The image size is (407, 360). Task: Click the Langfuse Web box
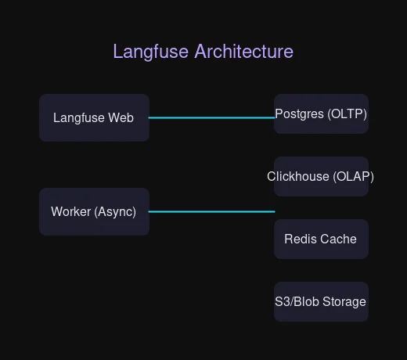tap(94, 117)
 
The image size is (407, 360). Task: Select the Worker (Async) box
tap(94, 211)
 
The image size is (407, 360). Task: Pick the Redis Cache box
tap(321, 239)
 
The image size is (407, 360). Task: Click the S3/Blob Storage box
tap(321, 301)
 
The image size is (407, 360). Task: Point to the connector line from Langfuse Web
tap(211, 117)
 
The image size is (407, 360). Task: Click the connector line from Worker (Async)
tap(211, 211)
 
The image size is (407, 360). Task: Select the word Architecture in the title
tap(243, 52)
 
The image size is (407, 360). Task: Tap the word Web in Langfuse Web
tap(121, 118)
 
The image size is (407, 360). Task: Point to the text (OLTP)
tap(348, 114)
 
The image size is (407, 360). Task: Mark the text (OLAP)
tap(354, 177)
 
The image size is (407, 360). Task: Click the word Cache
tap(340, 239)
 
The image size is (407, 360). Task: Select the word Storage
tap(345, 302)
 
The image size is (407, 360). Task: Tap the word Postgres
tap(300, 114)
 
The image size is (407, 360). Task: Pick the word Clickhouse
tap(298, 177)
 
